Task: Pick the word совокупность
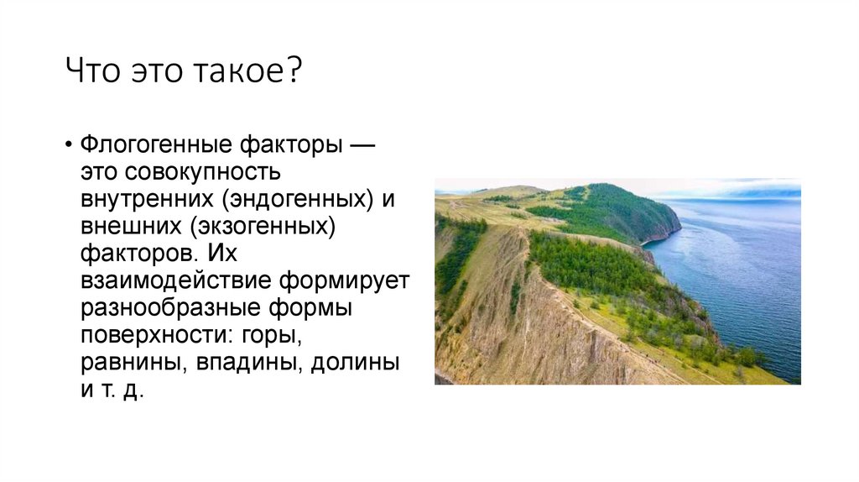(202, 174)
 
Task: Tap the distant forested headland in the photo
(621, 210)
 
